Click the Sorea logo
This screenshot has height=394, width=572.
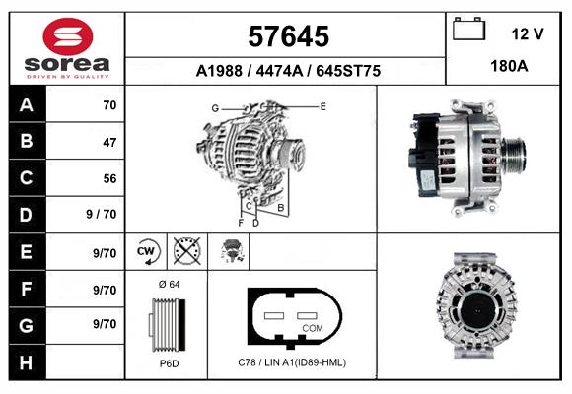pos(67,48)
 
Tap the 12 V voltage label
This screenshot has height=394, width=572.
pos(527,33)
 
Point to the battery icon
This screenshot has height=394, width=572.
pos(468,30)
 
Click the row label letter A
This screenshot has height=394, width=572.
pos(27,105)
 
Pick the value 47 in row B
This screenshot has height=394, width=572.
pos(108,142)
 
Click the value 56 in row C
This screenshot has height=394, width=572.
pos(108,178)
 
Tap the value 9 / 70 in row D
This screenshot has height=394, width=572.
pos(103,214)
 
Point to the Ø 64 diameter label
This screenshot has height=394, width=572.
pos(169,285)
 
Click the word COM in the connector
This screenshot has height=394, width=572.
pos(313,327)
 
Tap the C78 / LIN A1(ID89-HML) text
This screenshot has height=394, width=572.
pos(293,362)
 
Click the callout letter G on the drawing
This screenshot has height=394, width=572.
pos(214,107)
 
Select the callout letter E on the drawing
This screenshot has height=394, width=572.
pos(322,104)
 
